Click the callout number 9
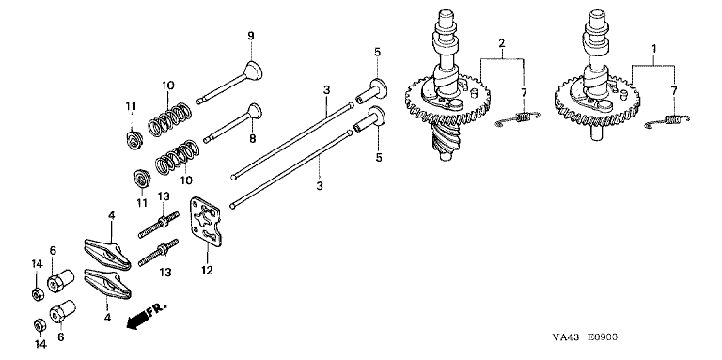[x=251, y=37]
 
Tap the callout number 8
[x=252, y=138]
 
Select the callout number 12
[x=207, y=270]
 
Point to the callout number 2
[x=501, y=44]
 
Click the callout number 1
[x=654, y=48]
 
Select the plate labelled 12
[x=206, y=221]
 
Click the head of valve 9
[x=254, y=70]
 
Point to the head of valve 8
[x=254, y=111]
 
